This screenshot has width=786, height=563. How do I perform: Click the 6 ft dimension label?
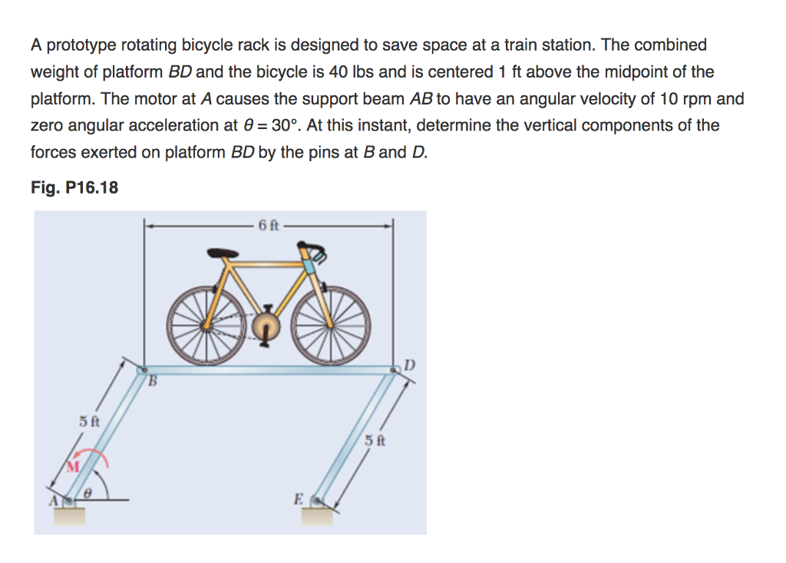click(x=270, y=225)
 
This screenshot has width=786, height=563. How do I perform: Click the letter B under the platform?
click(x=152, y=380)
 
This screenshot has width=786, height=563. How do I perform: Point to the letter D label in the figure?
click(x=410, y=363)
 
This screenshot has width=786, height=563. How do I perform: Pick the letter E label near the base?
click(x=298, y=498)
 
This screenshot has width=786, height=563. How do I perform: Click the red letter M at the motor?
click(x=74, y=466)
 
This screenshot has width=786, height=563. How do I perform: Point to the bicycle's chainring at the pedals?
click(x=265, y=324)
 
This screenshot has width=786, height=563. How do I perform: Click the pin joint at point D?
click(x=395, y=369)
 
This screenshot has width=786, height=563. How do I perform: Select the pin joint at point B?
click(x=142, y=369)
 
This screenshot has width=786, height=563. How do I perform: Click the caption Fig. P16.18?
click(x=74, y=187)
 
